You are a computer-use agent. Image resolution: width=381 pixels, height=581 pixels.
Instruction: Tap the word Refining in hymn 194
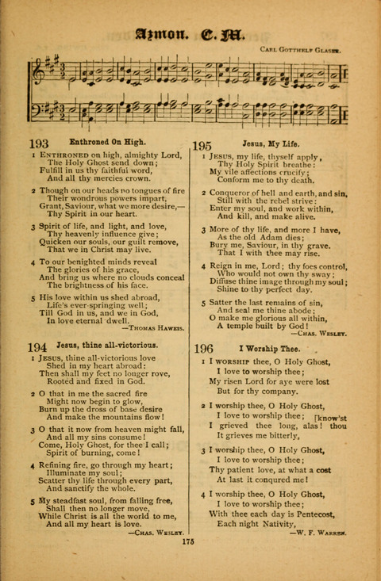56,466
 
